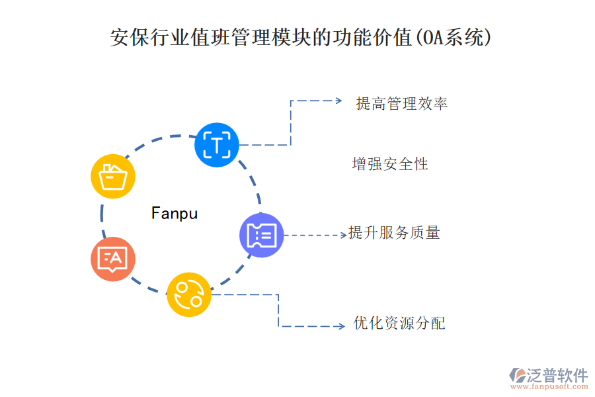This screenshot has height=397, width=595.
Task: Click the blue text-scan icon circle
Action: pos(216,144)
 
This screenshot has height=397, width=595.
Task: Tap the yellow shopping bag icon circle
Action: pos(113,177)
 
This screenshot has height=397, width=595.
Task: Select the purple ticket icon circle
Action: pos(262,235)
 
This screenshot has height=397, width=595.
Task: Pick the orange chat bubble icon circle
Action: pos(113,259)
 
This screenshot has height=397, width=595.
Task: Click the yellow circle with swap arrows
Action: pos(189,294)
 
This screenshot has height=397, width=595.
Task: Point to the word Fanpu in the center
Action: pos(175,213)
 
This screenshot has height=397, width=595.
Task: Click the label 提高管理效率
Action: pos(401,103)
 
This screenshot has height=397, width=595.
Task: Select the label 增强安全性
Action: pos(390,163)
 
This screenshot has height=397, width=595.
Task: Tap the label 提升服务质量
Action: pos(395,233)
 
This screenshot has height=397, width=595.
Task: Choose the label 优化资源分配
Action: pos(399,324)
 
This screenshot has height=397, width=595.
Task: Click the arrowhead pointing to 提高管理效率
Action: pos(338,101)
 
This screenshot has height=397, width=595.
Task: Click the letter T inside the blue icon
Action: pos(216,144)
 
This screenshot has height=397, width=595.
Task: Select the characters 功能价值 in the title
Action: pos(374,38)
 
